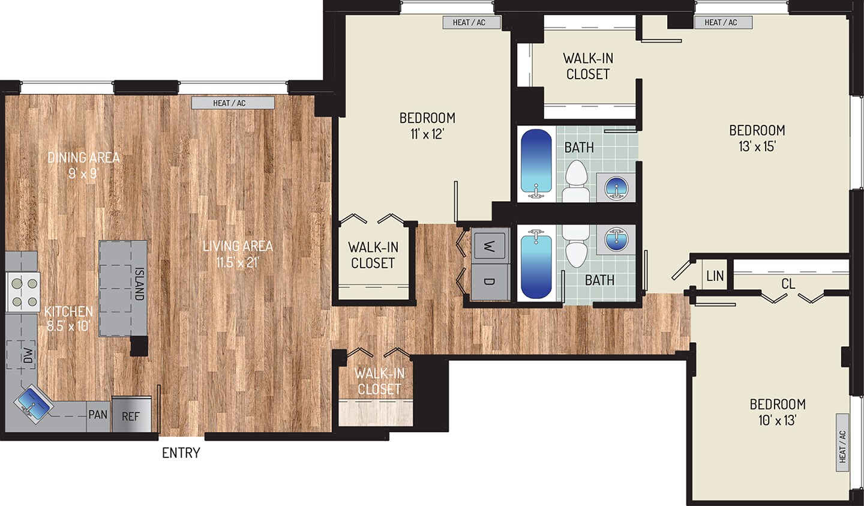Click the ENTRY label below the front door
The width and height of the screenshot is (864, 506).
[x=181, y=453]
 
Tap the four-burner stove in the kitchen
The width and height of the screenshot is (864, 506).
[x=23, y=292]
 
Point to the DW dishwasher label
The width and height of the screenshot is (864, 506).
[x=28, y=355]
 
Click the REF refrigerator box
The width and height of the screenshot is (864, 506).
[x=131, y=415]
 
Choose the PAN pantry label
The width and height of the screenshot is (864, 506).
[x=98, y=415]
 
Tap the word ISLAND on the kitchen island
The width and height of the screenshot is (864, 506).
[x=139, y=284]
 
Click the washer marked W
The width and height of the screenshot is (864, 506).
[x=490, y=245]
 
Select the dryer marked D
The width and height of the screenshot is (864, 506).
[x=490, y=281]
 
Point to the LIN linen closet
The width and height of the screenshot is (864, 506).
[x=715, y=276]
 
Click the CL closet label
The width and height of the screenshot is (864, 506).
[x=788, y=283]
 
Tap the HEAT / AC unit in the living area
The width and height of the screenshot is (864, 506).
[x=233, y=103]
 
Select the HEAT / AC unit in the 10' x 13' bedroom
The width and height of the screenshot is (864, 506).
[x=842, y=446]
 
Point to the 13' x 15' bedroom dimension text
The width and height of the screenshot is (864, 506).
[x=757, y=146]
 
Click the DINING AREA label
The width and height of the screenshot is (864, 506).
[x=83, y=158]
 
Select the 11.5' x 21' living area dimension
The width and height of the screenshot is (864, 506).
[x=237, y=262]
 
